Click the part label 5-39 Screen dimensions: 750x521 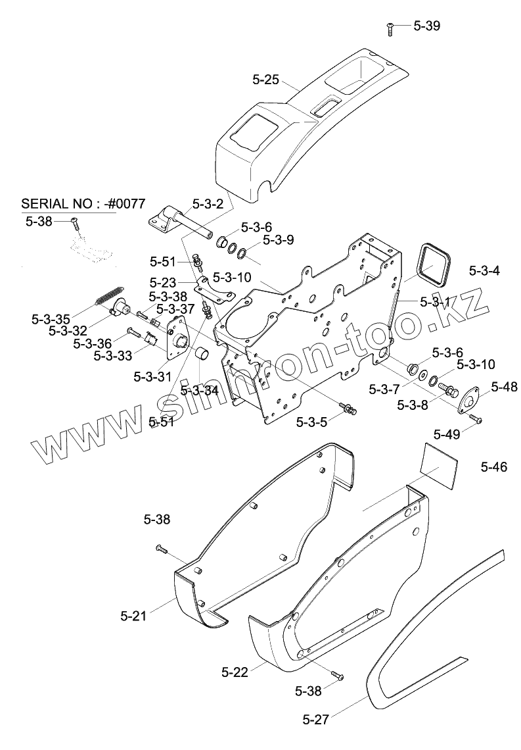point(427,26)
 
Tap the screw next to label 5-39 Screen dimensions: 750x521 point(390,28)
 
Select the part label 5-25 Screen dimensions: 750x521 point(265,80)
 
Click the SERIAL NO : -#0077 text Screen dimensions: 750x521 point(83,203)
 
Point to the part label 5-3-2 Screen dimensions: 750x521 point(208,205)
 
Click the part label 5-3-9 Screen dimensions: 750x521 point(279,239)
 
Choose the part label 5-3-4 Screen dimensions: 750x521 point(485,270)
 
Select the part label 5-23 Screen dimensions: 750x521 point(162,281)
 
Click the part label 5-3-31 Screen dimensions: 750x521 point(152,377)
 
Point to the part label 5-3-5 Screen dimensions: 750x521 point(311,422)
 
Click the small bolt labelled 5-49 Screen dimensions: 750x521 point(474,417)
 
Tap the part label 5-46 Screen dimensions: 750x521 point(493,467)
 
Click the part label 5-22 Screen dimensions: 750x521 point(235,672)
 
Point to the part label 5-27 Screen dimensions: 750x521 point(316,719)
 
